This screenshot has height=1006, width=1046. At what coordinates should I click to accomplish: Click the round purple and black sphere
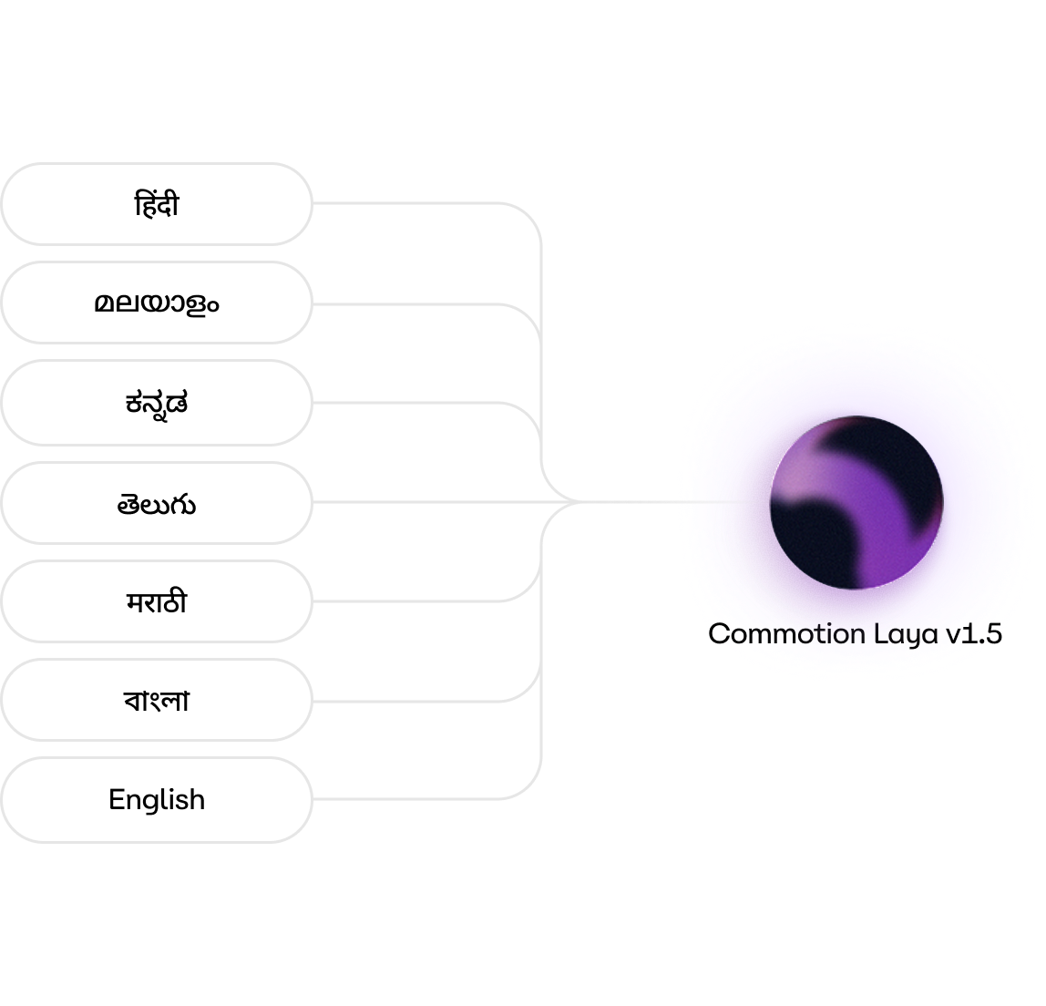coord(856,501)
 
